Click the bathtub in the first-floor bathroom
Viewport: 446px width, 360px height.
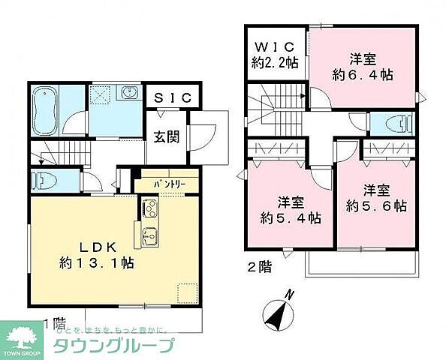click(x=47, y=110)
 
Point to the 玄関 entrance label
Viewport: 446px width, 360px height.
click(x=167, y=138)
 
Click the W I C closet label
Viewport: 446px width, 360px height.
click(x=274, y=47)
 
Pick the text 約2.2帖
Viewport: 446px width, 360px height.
click(x=275, y=63)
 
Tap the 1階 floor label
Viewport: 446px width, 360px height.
click(x=54, y=323)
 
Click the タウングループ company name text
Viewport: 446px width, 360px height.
click(x=113, y=346)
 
